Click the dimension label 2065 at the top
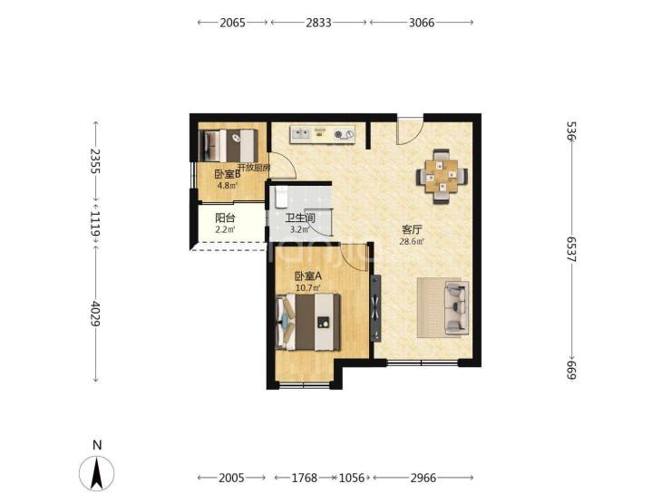(232, 23)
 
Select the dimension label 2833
(318, 23)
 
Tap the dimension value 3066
(422, 23)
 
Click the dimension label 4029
(95, 314)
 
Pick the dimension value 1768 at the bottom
(305, 478)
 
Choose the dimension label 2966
(423, 478)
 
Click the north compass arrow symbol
(97, 473)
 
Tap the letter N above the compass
(97, 445)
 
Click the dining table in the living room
(442, 176)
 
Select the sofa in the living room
(457, 307)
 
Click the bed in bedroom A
(308, 322)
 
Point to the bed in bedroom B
(229, 145)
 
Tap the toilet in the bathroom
(281, 198)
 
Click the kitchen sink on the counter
(300, 134)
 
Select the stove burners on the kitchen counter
(344, 135)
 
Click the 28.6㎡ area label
(412, 241)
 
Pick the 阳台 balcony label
(225, 218)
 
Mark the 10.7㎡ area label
(308, 288)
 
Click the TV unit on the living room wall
(375, 308)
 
